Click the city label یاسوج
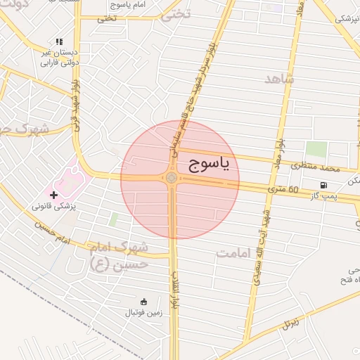[x=210, y=164]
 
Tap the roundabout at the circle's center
[x=172, y=178]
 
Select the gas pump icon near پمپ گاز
[x=323, y=186]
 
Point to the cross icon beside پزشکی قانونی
[x=54, y=194]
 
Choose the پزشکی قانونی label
[x=58, y=207]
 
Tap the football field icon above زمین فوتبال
[x=143, y=301]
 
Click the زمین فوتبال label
[x=143, y=312]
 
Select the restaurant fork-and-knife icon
[x=59, y=42]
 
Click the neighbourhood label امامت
[x=235, y=253]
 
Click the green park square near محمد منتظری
[x=316, y=150]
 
